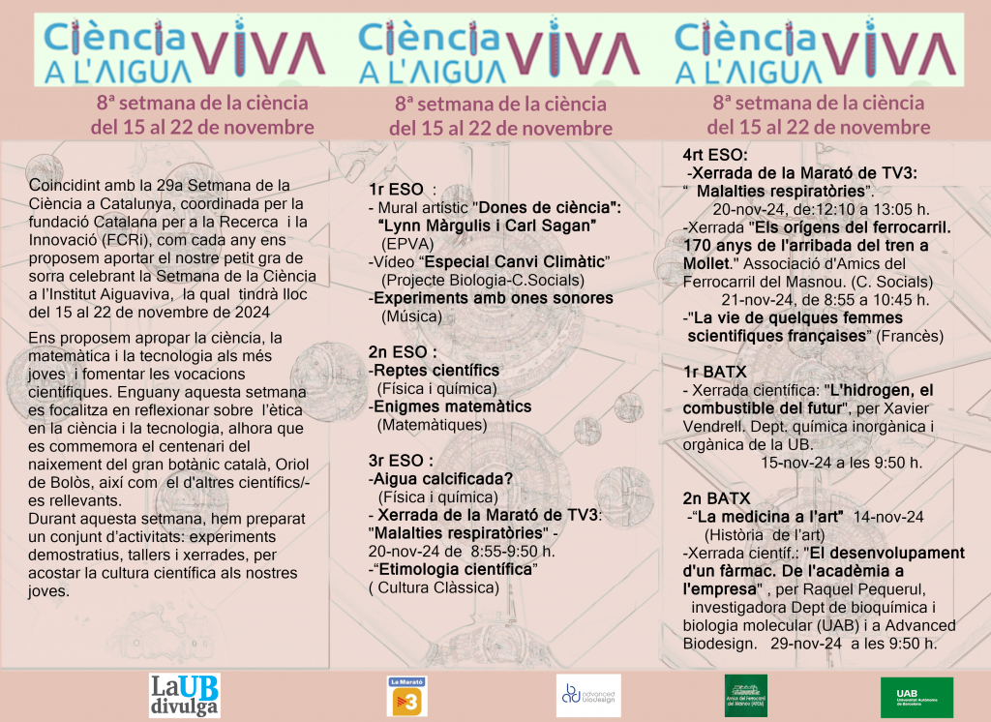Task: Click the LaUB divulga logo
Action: coord(185,695)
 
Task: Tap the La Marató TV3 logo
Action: coord(407,696)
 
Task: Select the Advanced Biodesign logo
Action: coord(588,695)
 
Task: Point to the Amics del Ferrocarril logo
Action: coord(746,695)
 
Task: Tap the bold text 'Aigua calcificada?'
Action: coord(441,478)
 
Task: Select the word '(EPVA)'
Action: coord(407,244)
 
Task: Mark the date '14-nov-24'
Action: coord(889,516)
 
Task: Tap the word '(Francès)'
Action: coord(910,336)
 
